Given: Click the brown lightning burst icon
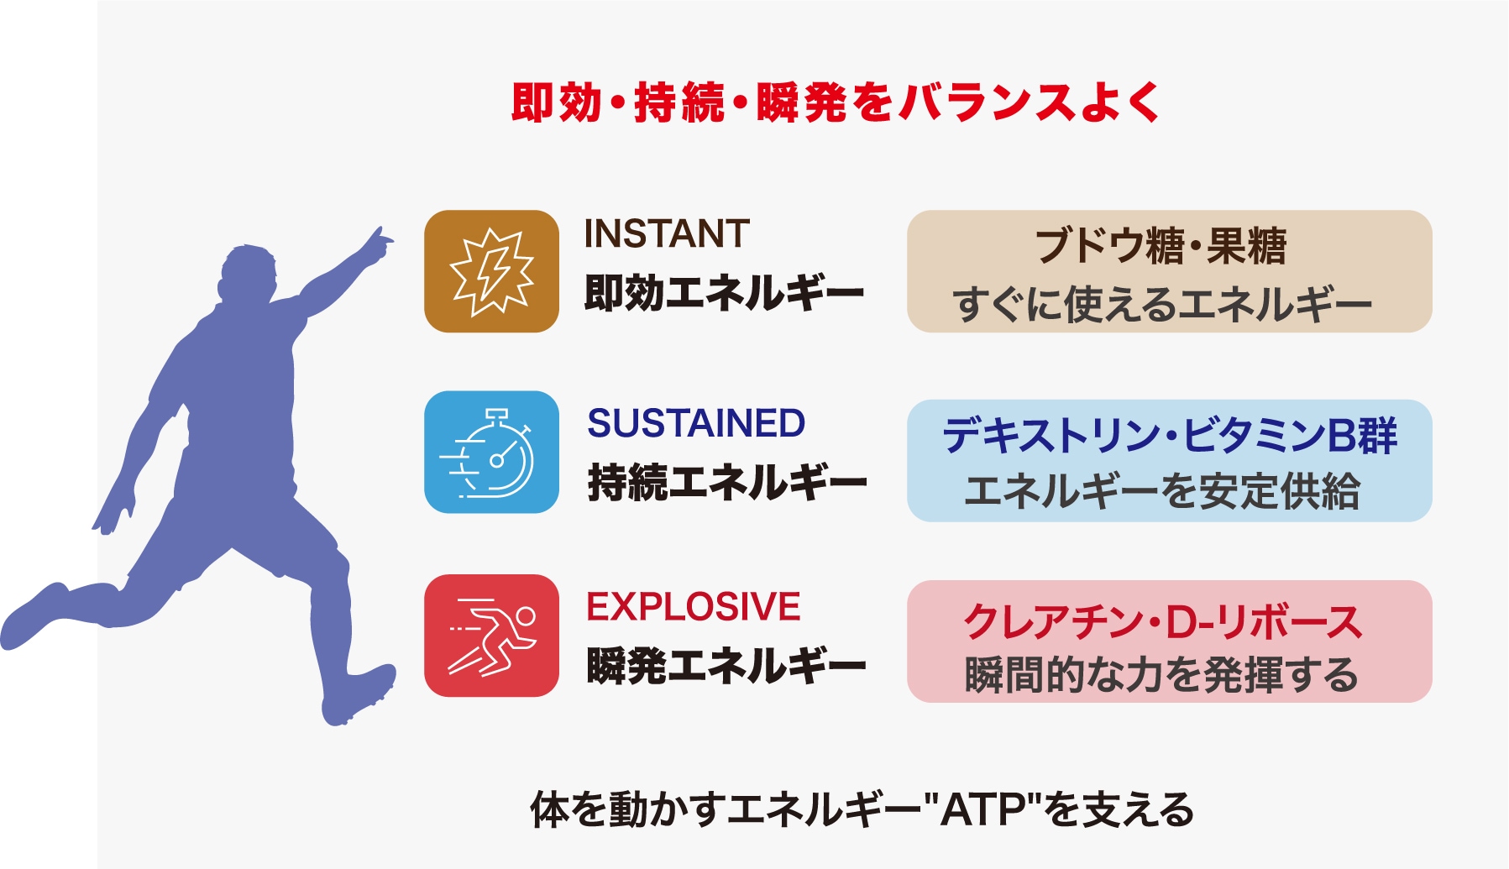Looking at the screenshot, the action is click(x=491, y=271).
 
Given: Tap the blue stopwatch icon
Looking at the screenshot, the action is click(x=491, y=452).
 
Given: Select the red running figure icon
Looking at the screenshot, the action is click(x=491, y=636).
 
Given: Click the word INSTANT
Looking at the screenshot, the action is click(x=667, y=233).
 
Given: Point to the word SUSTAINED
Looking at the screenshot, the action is click(x=696, y=423).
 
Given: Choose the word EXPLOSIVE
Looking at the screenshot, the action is click(x=694, y=606).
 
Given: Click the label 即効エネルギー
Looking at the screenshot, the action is click(x=725, y=293).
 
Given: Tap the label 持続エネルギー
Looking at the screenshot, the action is click(x=727, y=483).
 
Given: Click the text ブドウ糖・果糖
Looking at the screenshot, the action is click(x=1161, y=246).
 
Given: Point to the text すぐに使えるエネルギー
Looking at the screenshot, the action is click(x=1163, y=304).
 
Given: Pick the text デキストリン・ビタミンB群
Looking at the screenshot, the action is click(x=1170, y=435).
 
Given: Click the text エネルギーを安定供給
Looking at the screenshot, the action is click(x=1162, y=491).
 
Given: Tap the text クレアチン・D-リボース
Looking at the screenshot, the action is click(x=1164, y=621).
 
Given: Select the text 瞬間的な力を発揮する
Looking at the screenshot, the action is click(x=1161, y=675).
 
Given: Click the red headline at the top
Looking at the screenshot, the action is click(x=836, y=102).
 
